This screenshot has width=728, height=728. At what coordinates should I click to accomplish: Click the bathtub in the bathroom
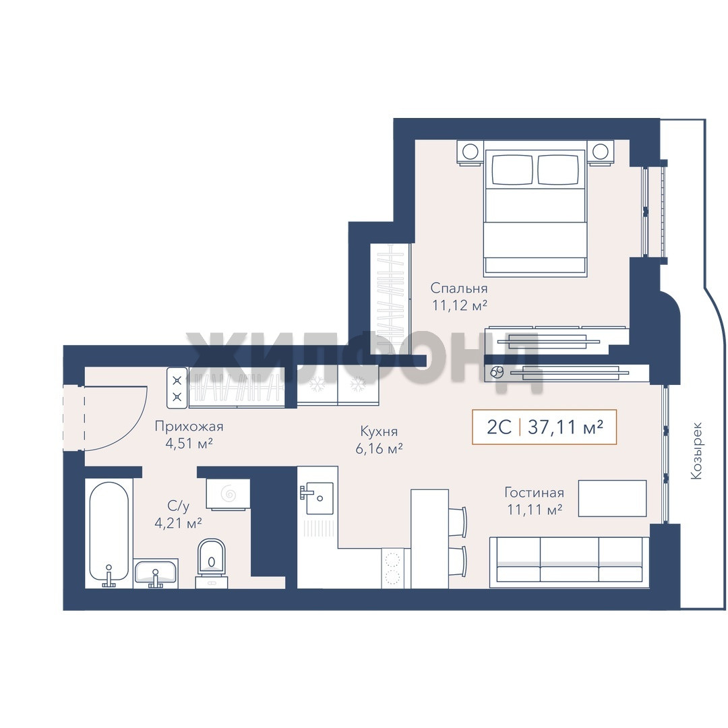(109, 532)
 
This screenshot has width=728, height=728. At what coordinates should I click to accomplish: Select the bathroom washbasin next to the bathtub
(156, 572)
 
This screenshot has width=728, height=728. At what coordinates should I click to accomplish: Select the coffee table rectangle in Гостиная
(612, 498)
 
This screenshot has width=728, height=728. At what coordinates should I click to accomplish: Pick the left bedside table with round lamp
(469, 152)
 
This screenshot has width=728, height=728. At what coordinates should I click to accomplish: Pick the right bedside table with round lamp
(601, 152)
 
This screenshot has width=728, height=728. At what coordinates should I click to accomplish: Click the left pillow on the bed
(513, 169)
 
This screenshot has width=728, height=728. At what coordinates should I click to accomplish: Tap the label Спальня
(459, 289)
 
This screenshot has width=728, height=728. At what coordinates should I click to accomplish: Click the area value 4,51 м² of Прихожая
(189, 443)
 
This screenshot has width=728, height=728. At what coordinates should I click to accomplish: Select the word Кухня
(379, 432)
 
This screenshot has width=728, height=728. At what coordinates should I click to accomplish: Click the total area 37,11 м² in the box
(566, 427)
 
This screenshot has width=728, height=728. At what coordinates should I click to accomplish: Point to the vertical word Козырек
(696, 450)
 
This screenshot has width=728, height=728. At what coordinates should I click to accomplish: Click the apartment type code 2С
(499, 427)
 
